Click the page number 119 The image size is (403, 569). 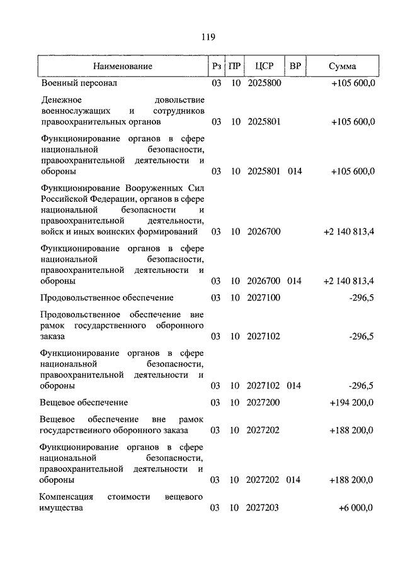coord(208,37)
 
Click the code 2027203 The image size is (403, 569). coord(264,508)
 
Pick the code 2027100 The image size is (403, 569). coord(264,297)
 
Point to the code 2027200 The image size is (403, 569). coord(264,402)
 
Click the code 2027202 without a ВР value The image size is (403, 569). coord(264,431)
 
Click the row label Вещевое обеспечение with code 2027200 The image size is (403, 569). coord(84,402)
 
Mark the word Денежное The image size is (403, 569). coord(62,100)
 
